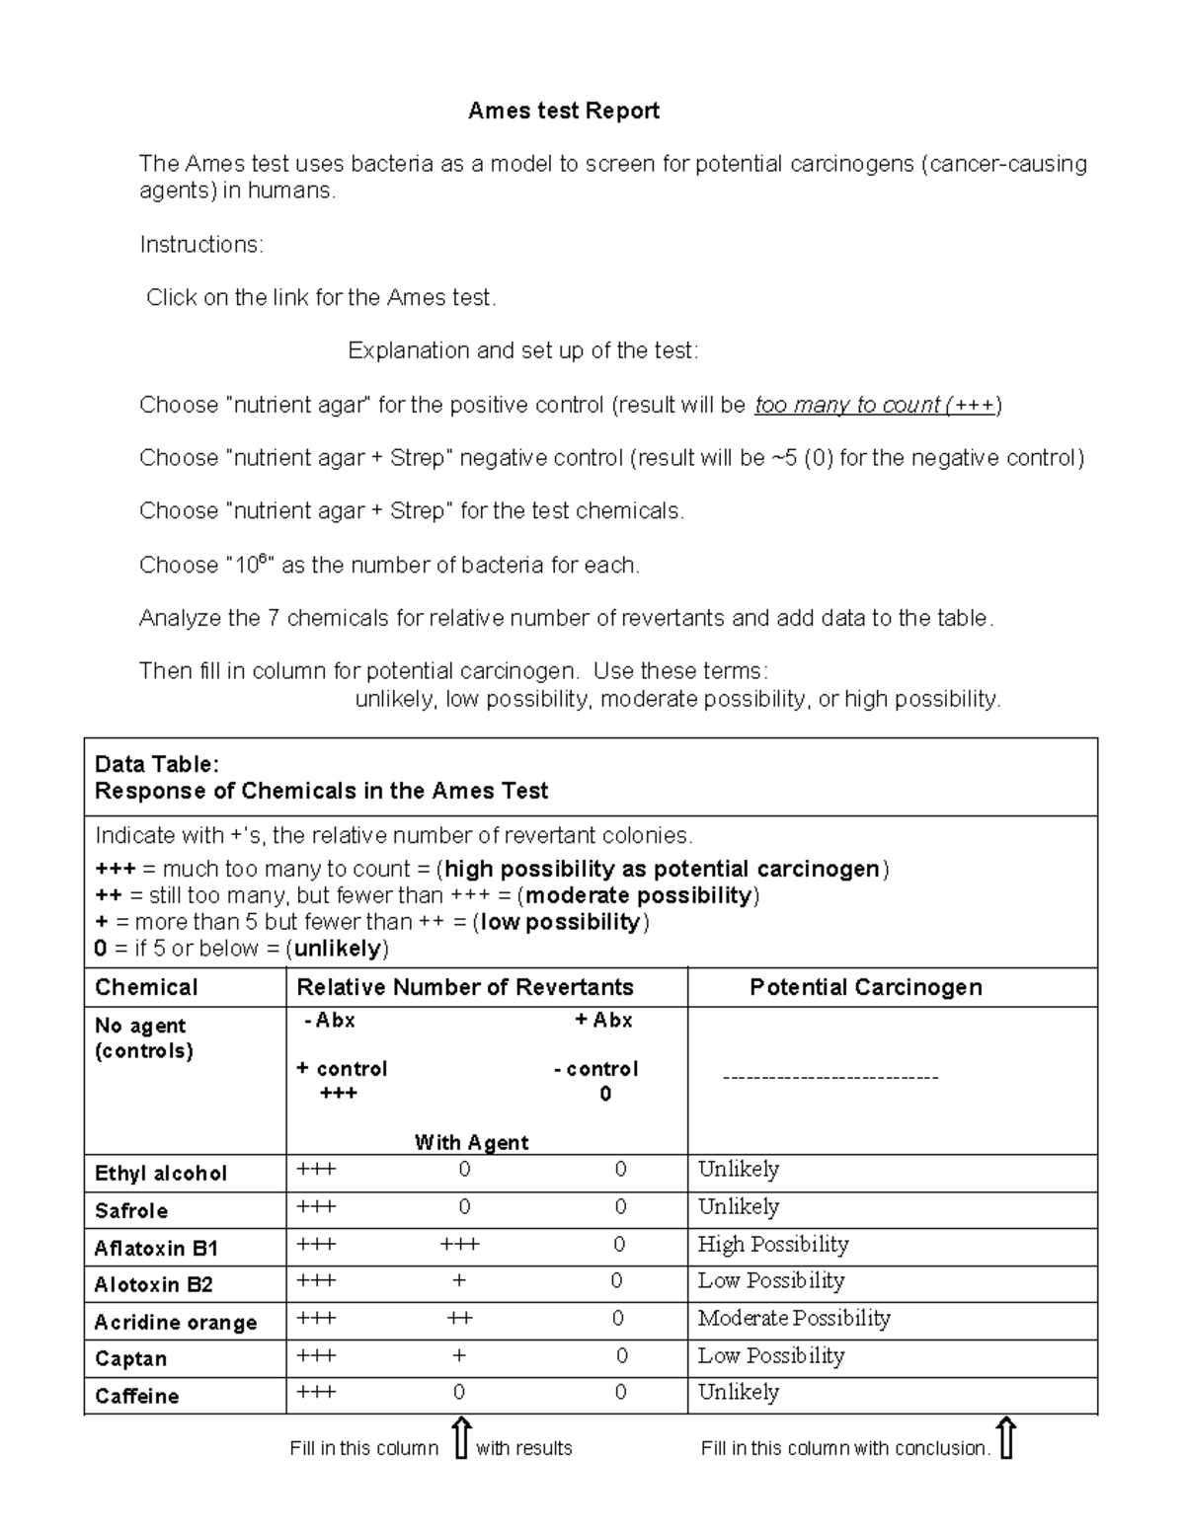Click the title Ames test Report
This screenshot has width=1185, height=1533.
pos(564,111)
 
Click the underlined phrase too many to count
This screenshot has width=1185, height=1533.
pos(847,405)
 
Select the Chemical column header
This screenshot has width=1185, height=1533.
pos(146,987)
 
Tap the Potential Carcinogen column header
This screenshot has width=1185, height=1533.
pos(866,987)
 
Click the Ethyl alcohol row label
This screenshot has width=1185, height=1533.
pos(161,1173)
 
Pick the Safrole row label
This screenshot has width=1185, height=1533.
pos(131,1210)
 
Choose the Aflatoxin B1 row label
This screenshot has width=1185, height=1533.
pos(156,1248)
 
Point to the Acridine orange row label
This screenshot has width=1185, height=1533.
pos(176,1322)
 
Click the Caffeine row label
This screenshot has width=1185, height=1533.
pos(137,1396)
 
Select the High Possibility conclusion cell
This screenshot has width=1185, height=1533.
pos(773,1244)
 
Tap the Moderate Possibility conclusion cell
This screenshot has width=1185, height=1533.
pos(794,1318)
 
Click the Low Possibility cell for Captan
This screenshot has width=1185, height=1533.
pos(771,1355)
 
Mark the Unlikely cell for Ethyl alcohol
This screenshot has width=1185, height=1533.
pos(739,1169)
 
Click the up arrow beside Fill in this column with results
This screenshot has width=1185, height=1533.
pos(460,1438)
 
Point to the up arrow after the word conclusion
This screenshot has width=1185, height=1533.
pos(1006,1438)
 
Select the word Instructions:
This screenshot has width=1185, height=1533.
pos(201,244)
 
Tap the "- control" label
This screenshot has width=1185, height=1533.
pos(596,1068)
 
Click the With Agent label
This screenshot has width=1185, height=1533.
pos(472,1142)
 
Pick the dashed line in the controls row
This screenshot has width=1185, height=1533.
pos(830,1077)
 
